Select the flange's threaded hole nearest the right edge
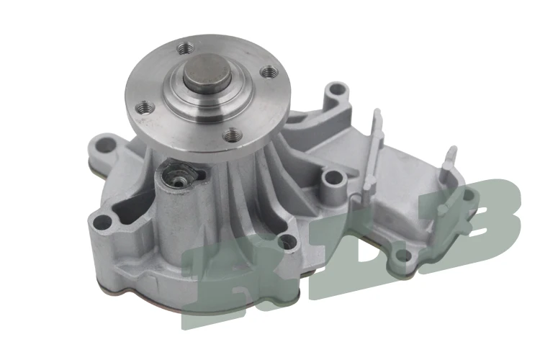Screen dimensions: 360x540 pos(268,71)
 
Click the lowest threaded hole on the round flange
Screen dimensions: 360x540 pos(230,133)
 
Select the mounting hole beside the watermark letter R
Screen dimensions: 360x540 pos(287,242)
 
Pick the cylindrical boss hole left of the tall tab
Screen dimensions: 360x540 pos(332,176)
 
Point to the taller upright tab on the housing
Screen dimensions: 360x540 pos(374,144)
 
